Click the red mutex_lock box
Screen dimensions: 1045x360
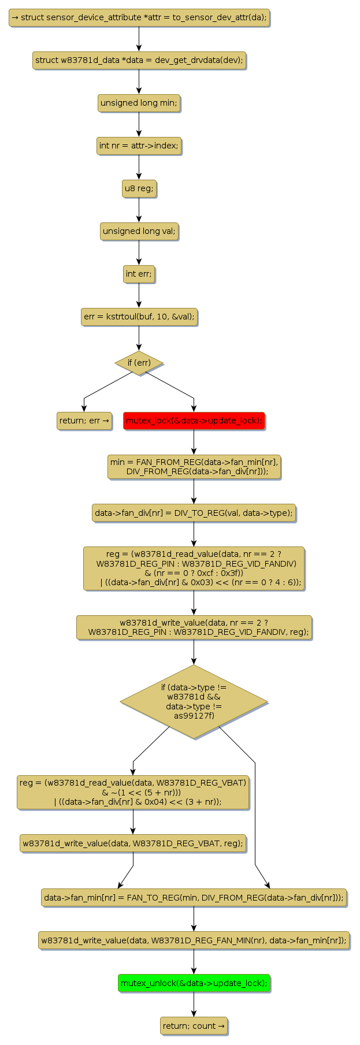(x=194, y=421)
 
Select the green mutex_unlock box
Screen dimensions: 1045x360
(x=194, y=983)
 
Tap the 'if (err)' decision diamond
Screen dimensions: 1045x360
(x=139, y=363)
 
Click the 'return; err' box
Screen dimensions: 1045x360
(x=84, y=421)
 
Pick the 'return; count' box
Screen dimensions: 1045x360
(x=194, y=1025)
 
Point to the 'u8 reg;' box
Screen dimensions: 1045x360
(x=139, y=188)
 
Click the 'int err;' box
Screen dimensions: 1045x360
(x=139, y=274)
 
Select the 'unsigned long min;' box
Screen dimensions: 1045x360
(x=139, y=103)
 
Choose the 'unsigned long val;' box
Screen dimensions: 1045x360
(x=139, y=231)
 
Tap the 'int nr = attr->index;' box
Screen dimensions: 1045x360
(x=139, y=146)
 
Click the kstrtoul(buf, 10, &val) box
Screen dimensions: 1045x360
(x=139, y=317)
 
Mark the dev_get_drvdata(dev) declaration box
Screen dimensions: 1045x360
(x=139, y=60)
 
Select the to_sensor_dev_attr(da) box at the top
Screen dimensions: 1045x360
(x=139, y=17)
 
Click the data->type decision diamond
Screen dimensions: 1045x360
(x=194, y=701)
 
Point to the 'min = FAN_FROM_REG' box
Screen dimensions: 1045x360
(x=194, y=467)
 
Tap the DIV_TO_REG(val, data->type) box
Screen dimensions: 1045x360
(x=194, y=513)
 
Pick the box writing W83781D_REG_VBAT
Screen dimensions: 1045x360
(x=133, y=843)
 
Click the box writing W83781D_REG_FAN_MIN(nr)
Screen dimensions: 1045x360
(x=194, y=940)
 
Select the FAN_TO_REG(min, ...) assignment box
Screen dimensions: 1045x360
(x=194, y=897)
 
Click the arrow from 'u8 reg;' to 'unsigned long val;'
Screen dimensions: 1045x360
(x=139, y=210)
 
